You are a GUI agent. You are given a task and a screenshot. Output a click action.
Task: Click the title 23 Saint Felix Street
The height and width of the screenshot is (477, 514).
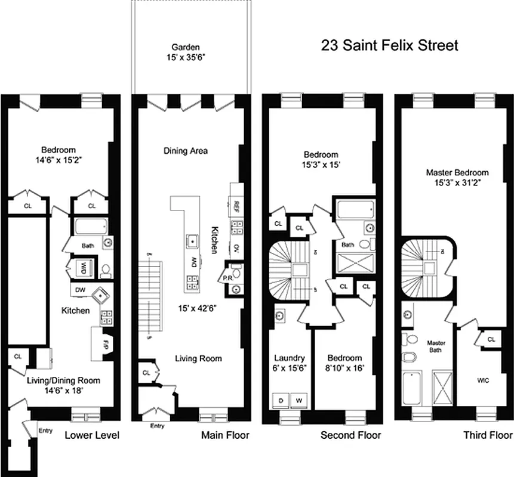(390, 45)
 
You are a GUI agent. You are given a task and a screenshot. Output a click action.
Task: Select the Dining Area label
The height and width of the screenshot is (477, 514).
(186, 151)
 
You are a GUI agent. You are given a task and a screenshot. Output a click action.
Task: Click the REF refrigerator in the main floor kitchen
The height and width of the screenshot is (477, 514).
(236, 206)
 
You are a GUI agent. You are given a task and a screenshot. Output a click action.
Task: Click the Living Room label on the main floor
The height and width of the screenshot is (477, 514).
(198, 358)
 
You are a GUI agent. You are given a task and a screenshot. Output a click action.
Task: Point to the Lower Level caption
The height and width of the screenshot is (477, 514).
(92, 435)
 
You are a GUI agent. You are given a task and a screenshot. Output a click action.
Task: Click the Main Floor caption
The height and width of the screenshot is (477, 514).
(225, 435)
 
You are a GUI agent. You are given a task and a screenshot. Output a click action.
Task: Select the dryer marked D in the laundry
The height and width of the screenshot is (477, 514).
(281, 399)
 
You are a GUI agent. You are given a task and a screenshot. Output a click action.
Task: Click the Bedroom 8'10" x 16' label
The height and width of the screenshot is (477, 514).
(345, 363)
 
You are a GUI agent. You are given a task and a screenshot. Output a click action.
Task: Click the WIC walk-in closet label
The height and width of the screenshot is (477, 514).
(483, 380)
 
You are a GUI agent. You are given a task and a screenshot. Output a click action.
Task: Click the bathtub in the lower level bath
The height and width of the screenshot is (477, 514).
(91, 227)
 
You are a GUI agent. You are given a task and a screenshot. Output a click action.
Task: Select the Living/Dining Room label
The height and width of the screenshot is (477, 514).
(63, 385)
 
